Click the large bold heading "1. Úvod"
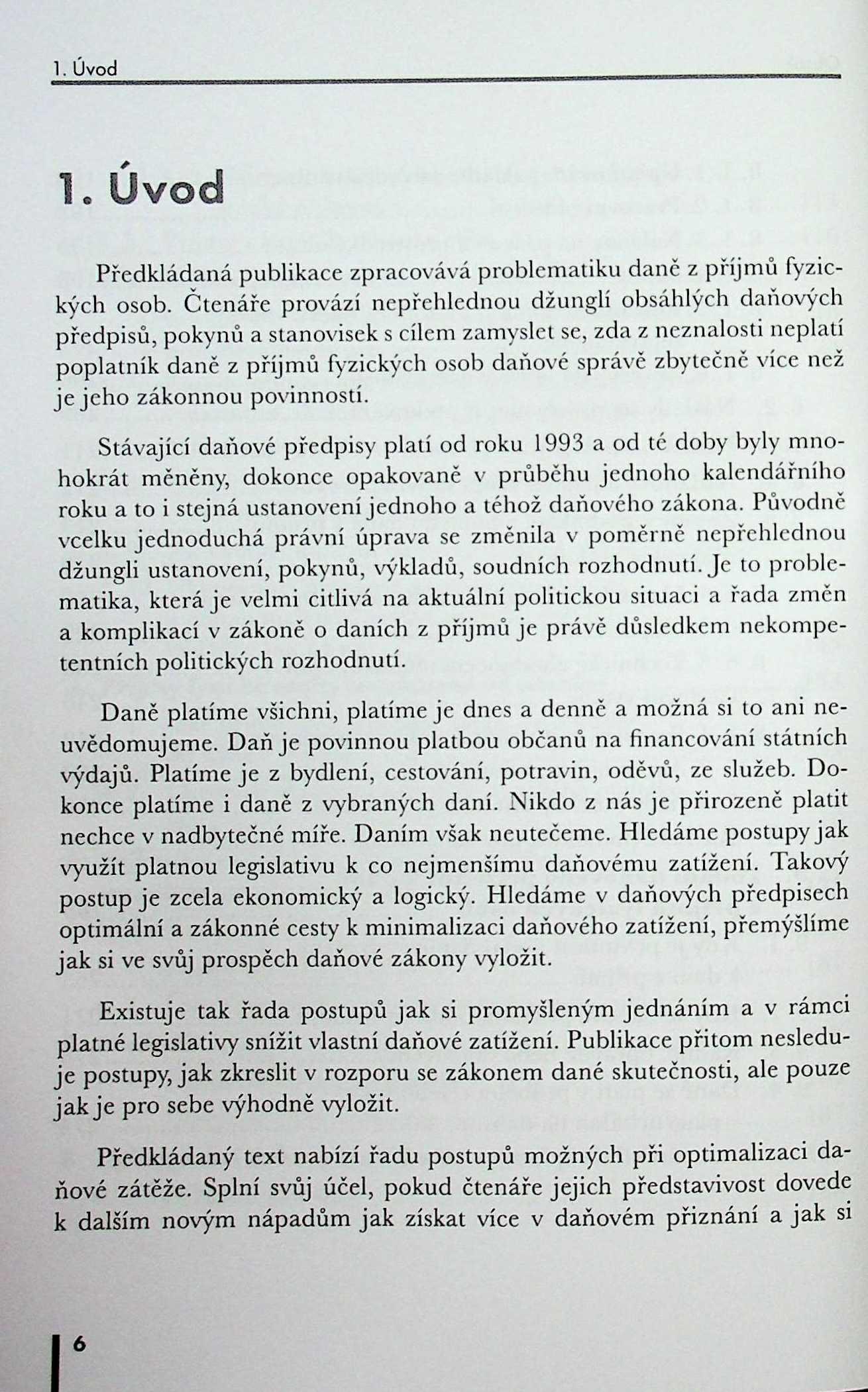[140, 189]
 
